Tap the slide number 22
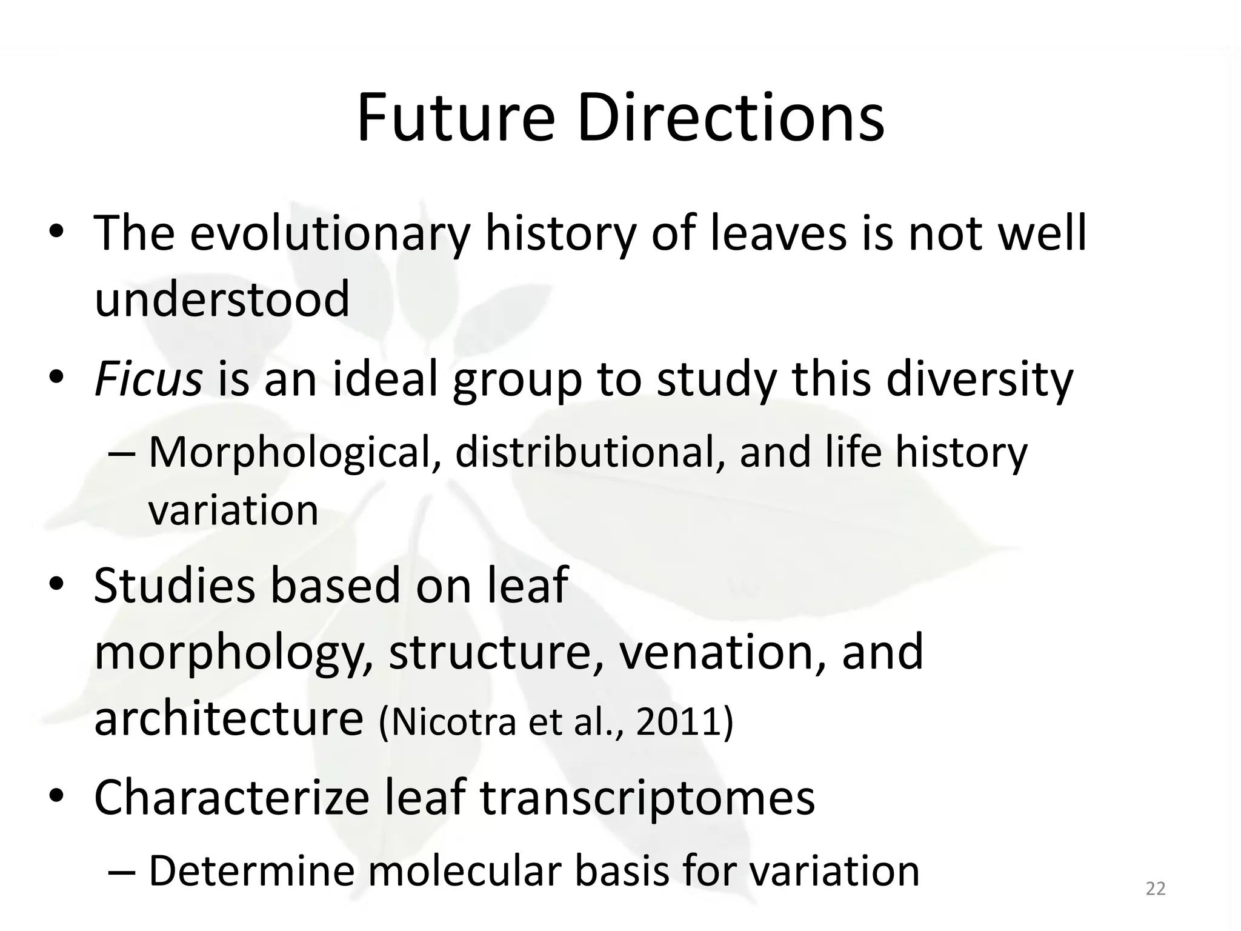[1156, 889]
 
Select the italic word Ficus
[148, 380]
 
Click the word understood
[222, 299]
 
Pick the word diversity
[980, 380]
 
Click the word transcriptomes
[647, 798]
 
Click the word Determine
[251, 871]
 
